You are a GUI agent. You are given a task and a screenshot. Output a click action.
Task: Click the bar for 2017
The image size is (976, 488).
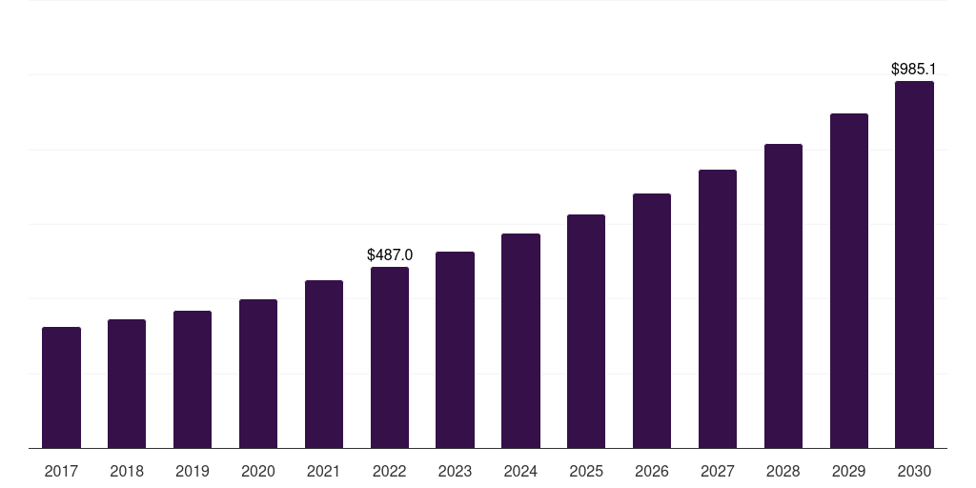click(61, 387)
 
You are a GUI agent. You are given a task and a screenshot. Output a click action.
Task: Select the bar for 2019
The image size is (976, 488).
click(193, 379)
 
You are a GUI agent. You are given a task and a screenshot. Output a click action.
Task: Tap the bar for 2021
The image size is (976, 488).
click(324, 364)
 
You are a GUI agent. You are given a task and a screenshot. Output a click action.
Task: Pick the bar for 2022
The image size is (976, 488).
click(390, 357)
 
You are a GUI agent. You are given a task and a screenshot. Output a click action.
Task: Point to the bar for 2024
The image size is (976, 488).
click(520, 340)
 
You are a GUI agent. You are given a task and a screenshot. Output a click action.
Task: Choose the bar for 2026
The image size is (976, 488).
click(652, 320)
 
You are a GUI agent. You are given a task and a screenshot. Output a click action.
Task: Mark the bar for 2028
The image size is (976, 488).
click(783, 295)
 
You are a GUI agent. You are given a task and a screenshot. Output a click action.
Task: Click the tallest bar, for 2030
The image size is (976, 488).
click(914, 264)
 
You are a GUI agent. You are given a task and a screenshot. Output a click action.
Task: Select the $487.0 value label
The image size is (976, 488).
click(390, 255)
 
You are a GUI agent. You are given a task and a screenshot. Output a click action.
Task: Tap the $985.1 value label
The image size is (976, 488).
click(914, 70)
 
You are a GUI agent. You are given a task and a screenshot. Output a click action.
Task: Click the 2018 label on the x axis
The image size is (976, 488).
click(127, 471)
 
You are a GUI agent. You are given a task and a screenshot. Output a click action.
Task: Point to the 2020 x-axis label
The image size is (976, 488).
click(258, 471)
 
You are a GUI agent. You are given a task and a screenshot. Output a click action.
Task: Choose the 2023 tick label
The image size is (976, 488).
click(455, 471)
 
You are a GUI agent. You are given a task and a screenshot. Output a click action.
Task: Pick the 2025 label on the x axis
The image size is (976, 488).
click(586, 471)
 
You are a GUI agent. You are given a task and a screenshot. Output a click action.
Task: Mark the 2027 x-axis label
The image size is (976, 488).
click(718, 471)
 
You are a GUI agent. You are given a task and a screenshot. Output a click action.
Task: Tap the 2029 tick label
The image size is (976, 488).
click(849, 471)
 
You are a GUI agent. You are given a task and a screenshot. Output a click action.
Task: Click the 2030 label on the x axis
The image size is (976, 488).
click(914, 471)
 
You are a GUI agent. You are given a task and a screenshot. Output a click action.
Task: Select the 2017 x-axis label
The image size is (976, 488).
click(61, 471)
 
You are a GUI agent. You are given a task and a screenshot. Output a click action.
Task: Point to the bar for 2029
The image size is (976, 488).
click(849, 280)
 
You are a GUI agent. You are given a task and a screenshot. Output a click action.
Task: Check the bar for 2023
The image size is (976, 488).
click(455, 350)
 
